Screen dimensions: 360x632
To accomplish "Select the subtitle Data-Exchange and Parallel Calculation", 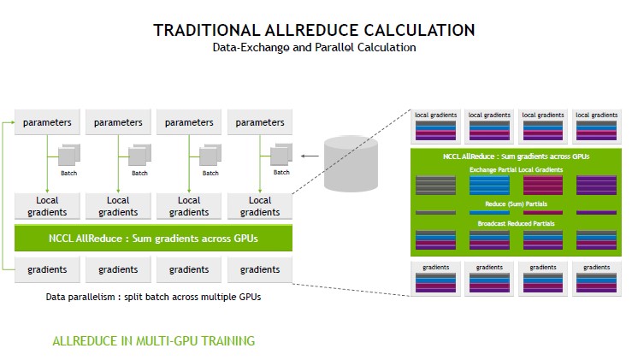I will click(x=314, y=48).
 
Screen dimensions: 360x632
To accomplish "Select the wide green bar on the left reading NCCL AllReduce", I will click(x=154, y=238).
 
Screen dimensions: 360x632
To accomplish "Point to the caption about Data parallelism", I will click(x=154, y=297).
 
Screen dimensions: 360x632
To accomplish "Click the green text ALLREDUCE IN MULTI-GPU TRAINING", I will click(x=154, y=341).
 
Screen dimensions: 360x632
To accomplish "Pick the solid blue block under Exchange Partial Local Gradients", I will click(x=489, y=186).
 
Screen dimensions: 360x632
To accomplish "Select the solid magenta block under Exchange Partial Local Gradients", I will click(x=543, y=186).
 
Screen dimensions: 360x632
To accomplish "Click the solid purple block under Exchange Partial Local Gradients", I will click(x=596, y=186).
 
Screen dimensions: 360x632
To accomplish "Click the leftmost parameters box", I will click(x=48, y=122).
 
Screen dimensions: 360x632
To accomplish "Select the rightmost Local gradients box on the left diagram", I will click(x=260, y=206).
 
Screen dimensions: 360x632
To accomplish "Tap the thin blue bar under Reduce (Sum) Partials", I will click(x=489, y=212).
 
